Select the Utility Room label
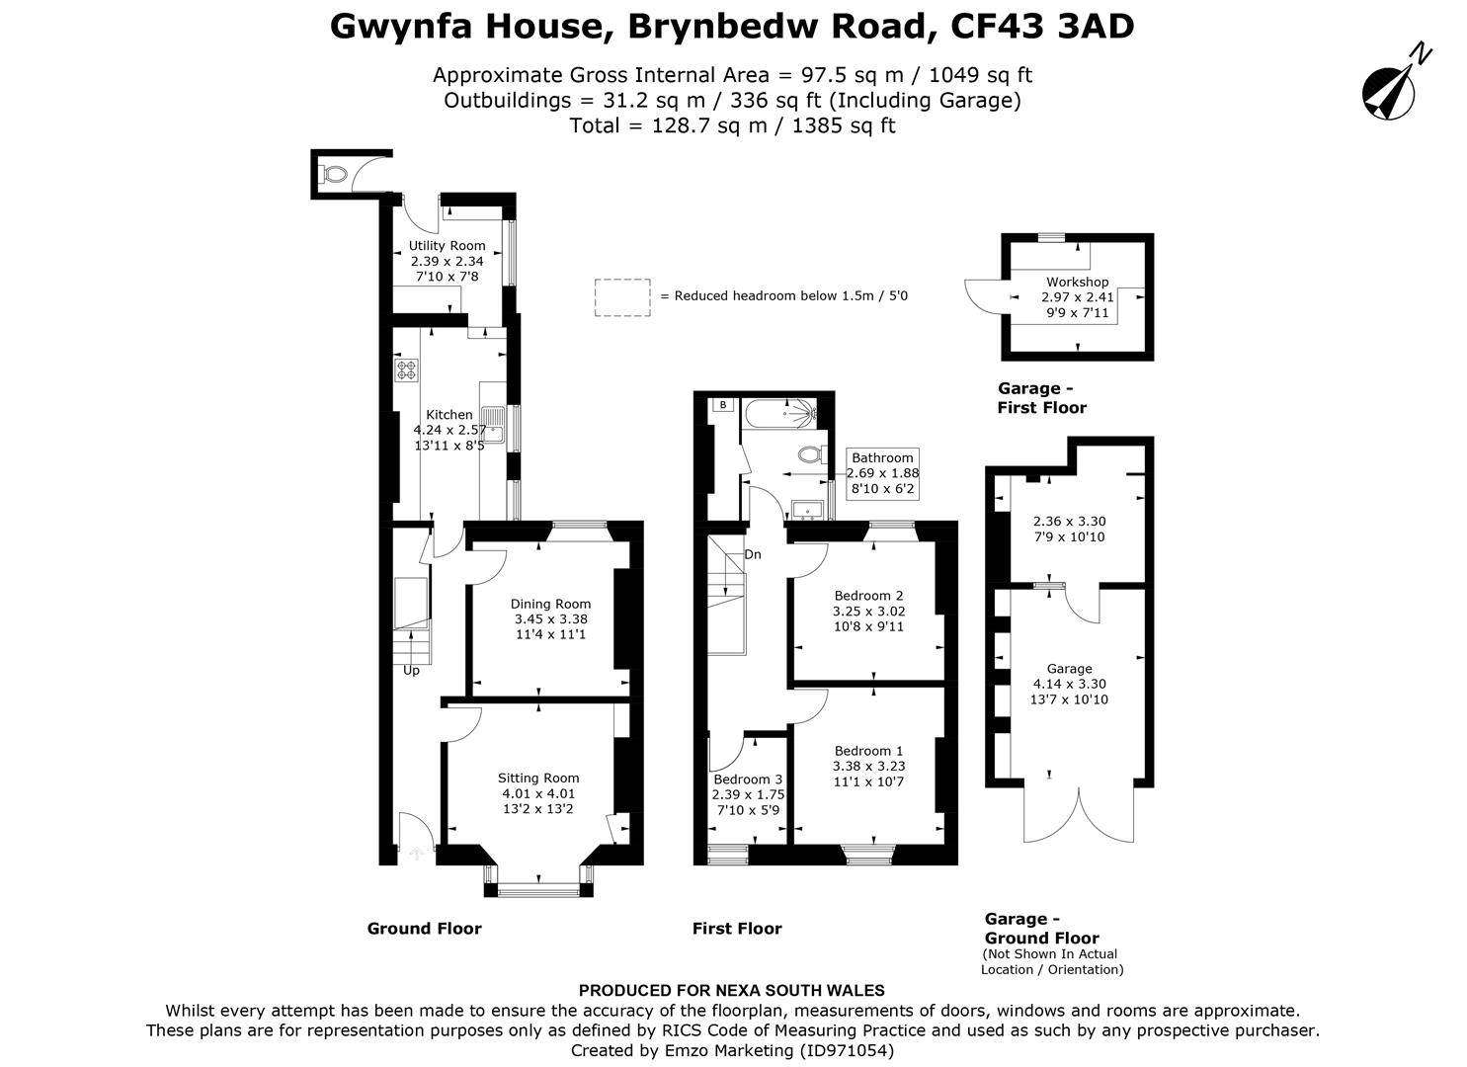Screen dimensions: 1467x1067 [447, 246]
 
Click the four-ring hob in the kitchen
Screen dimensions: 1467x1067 [406, 370]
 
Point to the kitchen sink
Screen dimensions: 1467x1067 [493, 425]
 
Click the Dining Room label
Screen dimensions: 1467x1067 [550, 604]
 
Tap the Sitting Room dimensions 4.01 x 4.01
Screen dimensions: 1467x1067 [538, 793]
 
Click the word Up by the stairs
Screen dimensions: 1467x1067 [411, 671]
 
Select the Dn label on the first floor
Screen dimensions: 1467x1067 [753, 555]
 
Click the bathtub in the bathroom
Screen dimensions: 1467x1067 [780, 413]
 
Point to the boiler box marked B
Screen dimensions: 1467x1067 [723, 405]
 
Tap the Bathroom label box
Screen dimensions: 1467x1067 [882, 473]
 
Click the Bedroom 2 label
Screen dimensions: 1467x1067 [868, 596]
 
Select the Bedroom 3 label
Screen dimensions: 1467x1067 [748, 780]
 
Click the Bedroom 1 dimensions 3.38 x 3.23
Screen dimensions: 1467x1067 [868, 766]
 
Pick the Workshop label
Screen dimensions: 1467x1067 [1078, 282]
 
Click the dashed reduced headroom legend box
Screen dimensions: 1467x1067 [622, 297]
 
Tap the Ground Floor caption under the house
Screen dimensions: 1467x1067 [424, 928]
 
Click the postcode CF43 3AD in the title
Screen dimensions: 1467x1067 [1042, 27]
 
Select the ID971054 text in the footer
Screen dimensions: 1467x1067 [846, 1051]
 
